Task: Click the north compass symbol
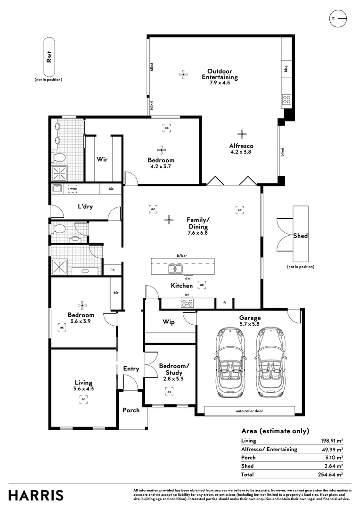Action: (338, 18)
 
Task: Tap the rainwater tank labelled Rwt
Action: (49, 57)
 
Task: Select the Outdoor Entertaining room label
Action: (220, 74)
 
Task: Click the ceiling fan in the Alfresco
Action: (242, 134)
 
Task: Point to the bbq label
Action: (286, 69)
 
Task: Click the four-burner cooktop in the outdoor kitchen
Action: (286, 99)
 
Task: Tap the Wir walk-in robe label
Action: (102, 159)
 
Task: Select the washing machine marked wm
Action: (73, 188)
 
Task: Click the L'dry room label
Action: (85, 206)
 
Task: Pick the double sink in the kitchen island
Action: (175, 269)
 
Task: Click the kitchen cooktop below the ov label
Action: (188, 303)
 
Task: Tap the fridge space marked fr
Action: (225, 303)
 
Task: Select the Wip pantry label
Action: (169, 322)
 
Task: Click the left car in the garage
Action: (230, 362)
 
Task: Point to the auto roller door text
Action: (249, 411)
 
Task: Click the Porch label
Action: (131, 410)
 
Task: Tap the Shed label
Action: (300, 236)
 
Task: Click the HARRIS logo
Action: (36, 495)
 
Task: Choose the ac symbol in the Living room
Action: (84, 399)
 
